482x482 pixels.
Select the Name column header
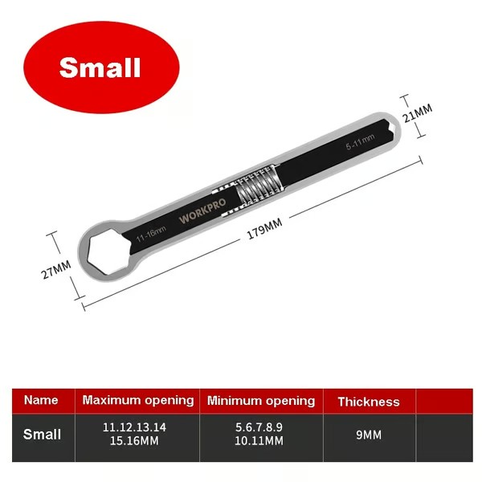pyautogui.click(x=41, y=400)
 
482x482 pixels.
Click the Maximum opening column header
pyautogui.click(x=138, y=400)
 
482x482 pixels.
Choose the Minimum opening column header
pyautogui.click(x=261, y=400)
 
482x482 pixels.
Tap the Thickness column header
pyautogui.click(x=368, y=401)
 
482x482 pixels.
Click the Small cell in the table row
pyautogui.click(x=42, y=435)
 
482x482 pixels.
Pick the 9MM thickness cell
pyautogui.click(x=369, y=435)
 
